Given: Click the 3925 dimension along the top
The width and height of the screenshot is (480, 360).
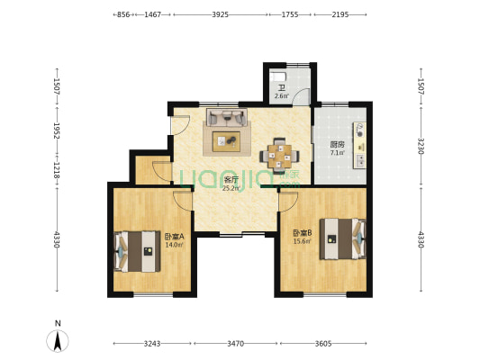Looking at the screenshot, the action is pyautogui.click(x=221, y=14).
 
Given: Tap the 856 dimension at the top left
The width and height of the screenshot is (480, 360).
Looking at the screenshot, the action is pyautogui.click(x=123, y=14).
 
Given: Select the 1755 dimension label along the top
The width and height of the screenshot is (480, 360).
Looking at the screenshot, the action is pyautogui.click(x=290, y=14).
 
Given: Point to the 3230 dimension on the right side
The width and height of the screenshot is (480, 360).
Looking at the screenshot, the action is pyautogui.click(x=421, y=146).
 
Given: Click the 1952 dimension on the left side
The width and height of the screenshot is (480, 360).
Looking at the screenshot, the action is pyautogui.click(x=57, y=130).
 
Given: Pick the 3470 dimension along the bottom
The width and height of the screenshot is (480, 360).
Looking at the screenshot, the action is pyautogui.click(x=235, y=344).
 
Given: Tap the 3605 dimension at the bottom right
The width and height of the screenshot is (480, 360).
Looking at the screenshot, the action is pyautogui.click(x=323, y=344).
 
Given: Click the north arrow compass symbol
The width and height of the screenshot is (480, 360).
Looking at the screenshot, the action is pyautogui.click(x=58, y=340).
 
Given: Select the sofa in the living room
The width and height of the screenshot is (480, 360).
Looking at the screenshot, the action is pyautogui.click(x=227, y=117).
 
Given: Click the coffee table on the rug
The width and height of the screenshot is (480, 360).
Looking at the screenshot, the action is pyautogui.click(x=227, y=141).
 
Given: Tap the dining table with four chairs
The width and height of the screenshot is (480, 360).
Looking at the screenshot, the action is pyautogui.click(x=279, y=156).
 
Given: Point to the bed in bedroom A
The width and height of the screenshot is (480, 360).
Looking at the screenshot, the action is pyautogui.click(x=137, y=251).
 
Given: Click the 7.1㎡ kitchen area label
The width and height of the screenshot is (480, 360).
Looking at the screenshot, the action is pyautogui.click(x=338, y=153).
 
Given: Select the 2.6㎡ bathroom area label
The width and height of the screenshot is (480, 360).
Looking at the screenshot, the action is pyautogui.click(x=282, y=96).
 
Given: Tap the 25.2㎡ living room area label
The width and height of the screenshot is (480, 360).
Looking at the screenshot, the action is pyautogui.click(x=231, y=188).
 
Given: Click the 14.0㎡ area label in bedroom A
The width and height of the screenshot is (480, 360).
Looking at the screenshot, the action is pyautogui.click(x=174, y=245).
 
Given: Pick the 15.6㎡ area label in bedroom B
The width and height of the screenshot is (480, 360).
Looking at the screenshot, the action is pyautogui.click(x=303, y=241).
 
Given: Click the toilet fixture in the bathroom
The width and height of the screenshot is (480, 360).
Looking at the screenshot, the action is pyautogui.click(x=278, y=76).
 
